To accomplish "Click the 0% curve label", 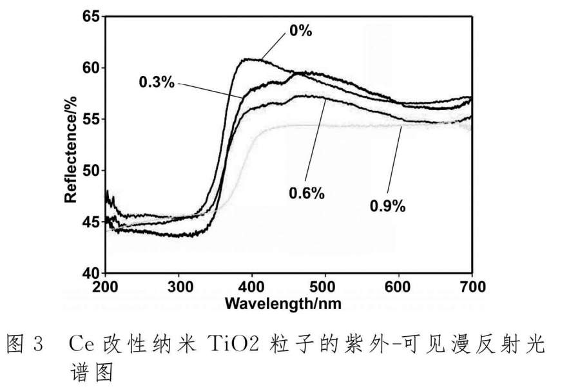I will coord(300,30).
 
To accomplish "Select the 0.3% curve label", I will coord(157,82).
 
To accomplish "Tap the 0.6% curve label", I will coord(307,193).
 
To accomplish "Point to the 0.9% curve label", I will coord(387,206).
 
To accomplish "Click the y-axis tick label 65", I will coord(90,17).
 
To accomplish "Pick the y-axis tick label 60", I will coord(90,68).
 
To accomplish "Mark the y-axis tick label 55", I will coord(90,119).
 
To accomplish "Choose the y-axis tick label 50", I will coord(90,171).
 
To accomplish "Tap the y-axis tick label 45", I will coord(90,222).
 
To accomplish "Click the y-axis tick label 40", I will coord(90,273).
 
